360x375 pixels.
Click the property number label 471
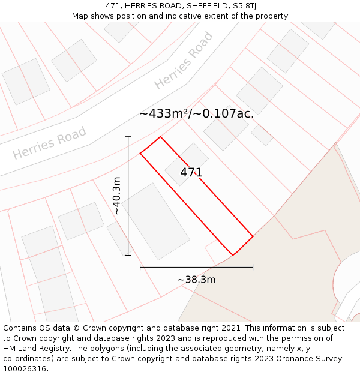point(191,173)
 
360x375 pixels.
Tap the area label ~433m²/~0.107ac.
point(197,113)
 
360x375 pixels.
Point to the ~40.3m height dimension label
point(117,195)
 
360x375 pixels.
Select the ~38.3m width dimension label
point(196,280)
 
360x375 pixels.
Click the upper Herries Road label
point(184,61)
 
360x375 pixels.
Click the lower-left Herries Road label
point(50,143)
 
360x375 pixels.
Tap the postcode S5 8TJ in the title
point(244,5)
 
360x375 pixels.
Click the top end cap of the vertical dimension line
point(128,137)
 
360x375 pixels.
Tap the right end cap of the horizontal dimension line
point(253,267)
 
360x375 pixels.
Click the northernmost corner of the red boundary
point(160,137)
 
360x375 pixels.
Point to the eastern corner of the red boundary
point(253,236)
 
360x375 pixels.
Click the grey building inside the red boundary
point(187,163)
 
